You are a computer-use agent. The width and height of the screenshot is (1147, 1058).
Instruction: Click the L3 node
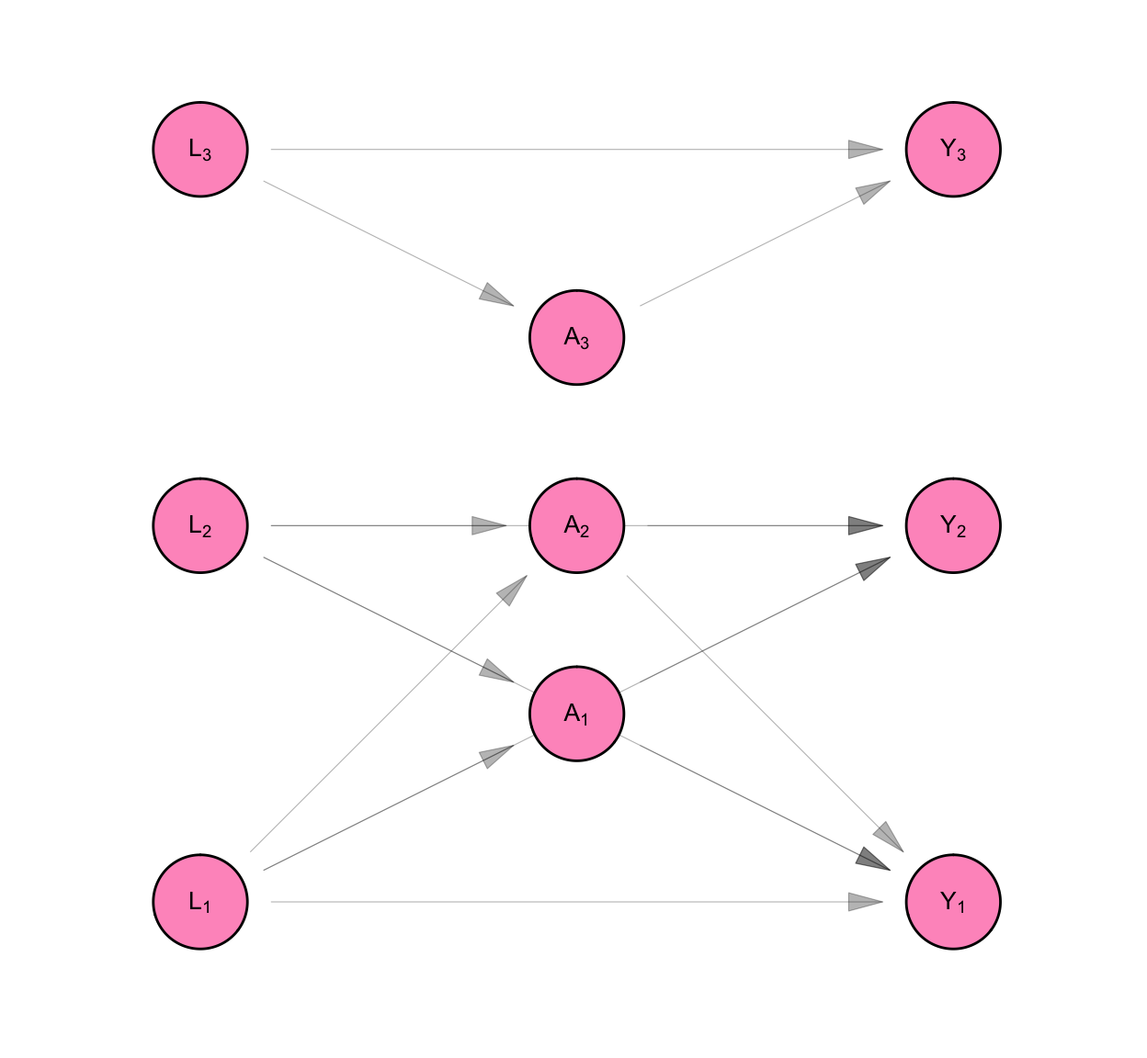point(200,150)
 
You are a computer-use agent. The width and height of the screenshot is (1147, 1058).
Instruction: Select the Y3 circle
point(953,150)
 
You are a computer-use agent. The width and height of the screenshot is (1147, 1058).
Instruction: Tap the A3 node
point(577,338)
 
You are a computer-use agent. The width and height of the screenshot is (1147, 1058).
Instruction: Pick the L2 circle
point(200,526)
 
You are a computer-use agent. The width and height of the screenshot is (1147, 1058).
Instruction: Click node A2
point(577,526)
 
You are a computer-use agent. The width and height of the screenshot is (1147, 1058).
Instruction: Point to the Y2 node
point(953,526)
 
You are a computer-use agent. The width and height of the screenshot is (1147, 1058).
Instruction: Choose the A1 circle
point(577,714)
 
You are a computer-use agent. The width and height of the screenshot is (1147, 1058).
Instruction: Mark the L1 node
point(200,902)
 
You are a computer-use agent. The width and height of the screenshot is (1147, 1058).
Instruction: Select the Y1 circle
point(953,902)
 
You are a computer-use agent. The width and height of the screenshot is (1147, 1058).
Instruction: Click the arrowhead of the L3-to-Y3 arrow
point(865,150)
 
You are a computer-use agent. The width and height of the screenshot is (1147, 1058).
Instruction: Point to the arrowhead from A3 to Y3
point(873,192)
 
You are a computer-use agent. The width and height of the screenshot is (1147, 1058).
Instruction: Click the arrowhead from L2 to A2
point(489,526)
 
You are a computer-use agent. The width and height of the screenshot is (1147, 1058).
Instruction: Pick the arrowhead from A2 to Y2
point(865,526)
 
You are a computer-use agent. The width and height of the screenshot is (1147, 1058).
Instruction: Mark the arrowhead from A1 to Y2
point(873,568)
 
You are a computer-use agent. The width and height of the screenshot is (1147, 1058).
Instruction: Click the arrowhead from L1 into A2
point(512,591)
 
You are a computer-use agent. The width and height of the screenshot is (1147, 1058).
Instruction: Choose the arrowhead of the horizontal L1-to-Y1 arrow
point(865,902)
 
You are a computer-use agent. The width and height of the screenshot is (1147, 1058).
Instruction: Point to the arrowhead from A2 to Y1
point(889,837)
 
